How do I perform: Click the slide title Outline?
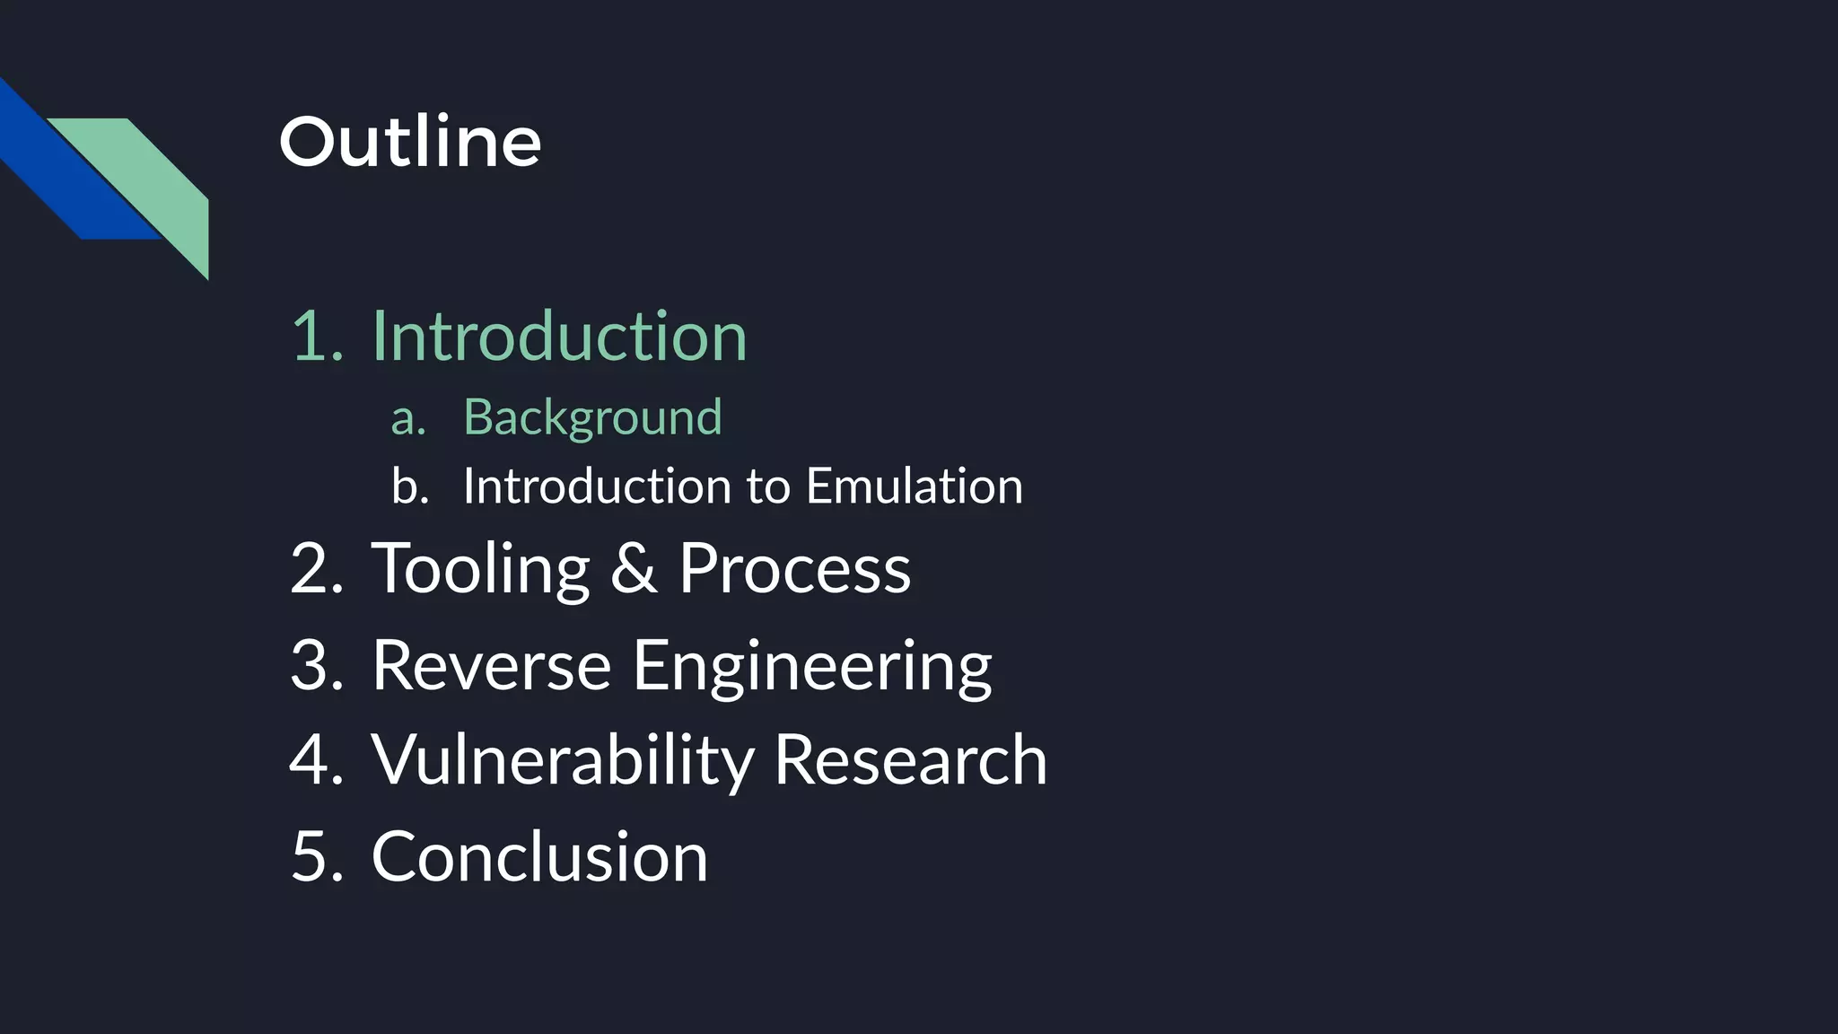[410, 142]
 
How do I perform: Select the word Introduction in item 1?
[559, 336]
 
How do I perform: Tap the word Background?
[592, 417]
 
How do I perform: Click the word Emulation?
[914, 486]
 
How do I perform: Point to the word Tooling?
[480, 569]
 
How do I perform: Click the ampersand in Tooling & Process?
[634, 569]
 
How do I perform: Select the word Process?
[794, 569]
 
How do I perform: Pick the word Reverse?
[491, 665]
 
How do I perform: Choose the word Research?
[910, 760]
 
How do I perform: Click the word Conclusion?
[539, 856]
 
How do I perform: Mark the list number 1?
[316, 337]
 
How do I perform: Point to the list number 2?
[316, 569]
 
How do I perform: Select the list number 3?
[316, 665]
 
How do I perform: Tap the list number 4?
[316, 760]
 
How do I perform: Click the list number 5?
[316, 856]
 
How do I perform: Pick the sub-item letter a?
[408, 419]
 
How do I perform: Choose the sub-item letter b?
[409, 486]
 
